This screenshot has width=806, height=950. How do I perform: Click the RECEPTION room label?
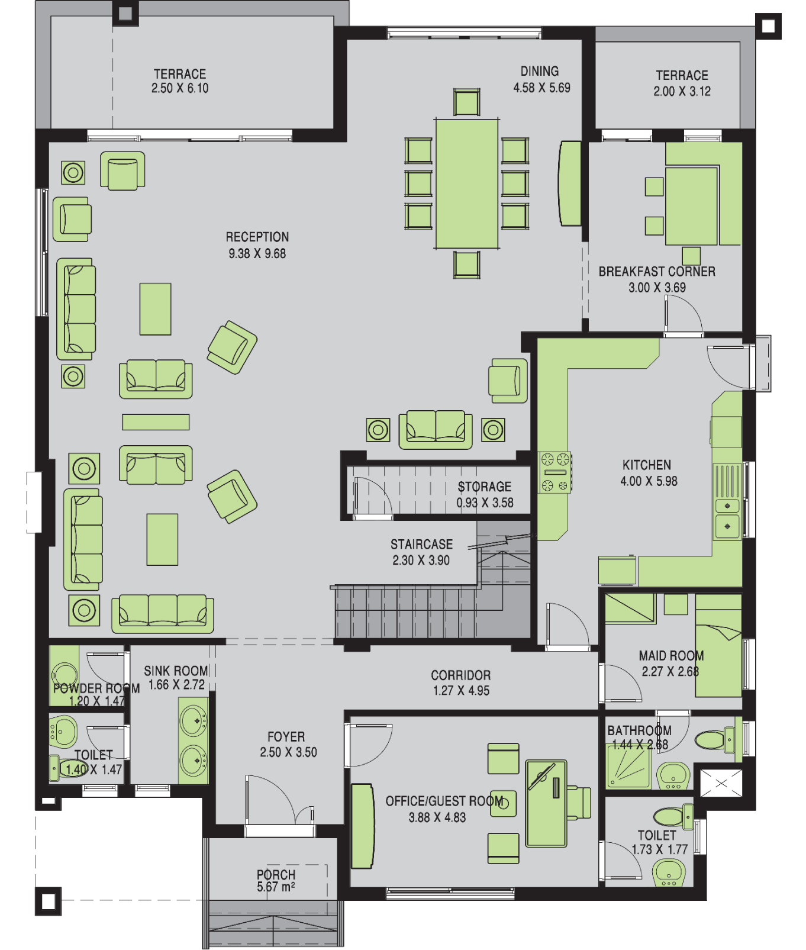(257, 237)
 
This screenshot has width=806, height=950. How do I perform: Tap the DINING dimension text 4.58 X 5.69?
(542, 88)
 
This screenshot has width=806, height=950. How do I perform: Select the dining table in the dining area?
(467, 183)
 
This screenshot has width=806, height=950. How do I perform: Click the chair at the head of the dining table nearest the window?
(467, 102)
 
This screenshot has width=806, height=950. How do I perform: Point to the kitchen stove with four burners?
(555, 472)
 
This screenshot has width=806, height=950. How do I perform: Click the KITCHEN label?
(647, 465)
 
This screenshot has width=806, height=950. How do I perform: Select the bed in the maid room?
(718, 646)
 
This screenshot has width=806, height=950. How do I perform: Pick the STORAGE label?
(485, 487)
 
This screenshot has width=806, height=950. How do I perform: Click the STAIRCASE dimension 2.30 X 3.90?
(421, 561)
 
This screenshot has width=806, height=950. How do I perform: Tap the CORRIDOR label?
(461, 675)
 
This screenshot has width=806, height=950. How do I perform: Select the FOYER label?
(286, 737)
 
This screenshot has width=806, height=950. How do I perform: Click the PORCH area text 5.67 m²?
(276, 887)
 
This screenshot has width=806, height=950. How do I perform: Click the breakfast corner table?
(691, 206)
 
